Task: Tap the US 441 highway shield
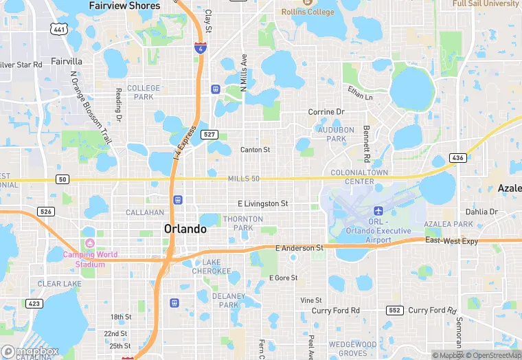click(x=59, y=28)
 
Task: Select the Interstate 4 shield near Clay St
click(x=199, y=48)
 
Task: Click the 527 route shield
click(x=210, y=135)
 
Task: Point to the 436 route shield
click(x=458, y=158)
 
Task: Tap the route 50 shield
click(x=63, y=179)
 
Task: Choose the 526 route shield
click(x=46, y=212)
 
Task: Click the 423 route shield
click(x=34, y=303)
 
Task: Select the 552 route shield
click(x=394, y=311)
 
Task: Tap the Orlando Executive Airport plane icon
click(x=377, y=210)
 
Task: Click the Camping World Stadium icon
click(x=89, y=243)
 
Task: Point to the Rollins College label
click(x=308, y=12)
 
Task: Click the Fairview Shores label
click(x=124, y=5)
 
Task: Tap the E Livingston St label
click(x=262, y=204)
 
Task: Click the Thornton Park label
click(x=242, y=223)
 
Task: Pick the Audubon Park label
click(x=336, y=134)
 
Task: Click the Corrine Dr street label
click(x=326, y=112)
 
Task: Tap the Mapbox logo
click(x=31, y=351)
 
